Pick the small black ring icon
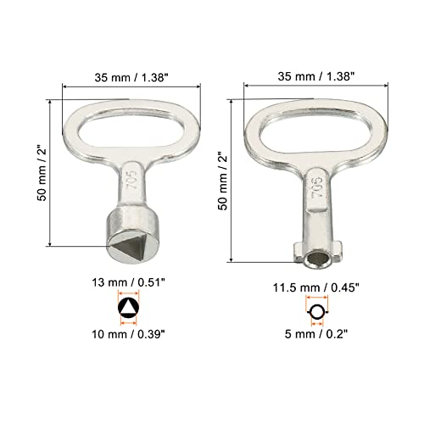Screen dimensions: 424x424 pos(316,312)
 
